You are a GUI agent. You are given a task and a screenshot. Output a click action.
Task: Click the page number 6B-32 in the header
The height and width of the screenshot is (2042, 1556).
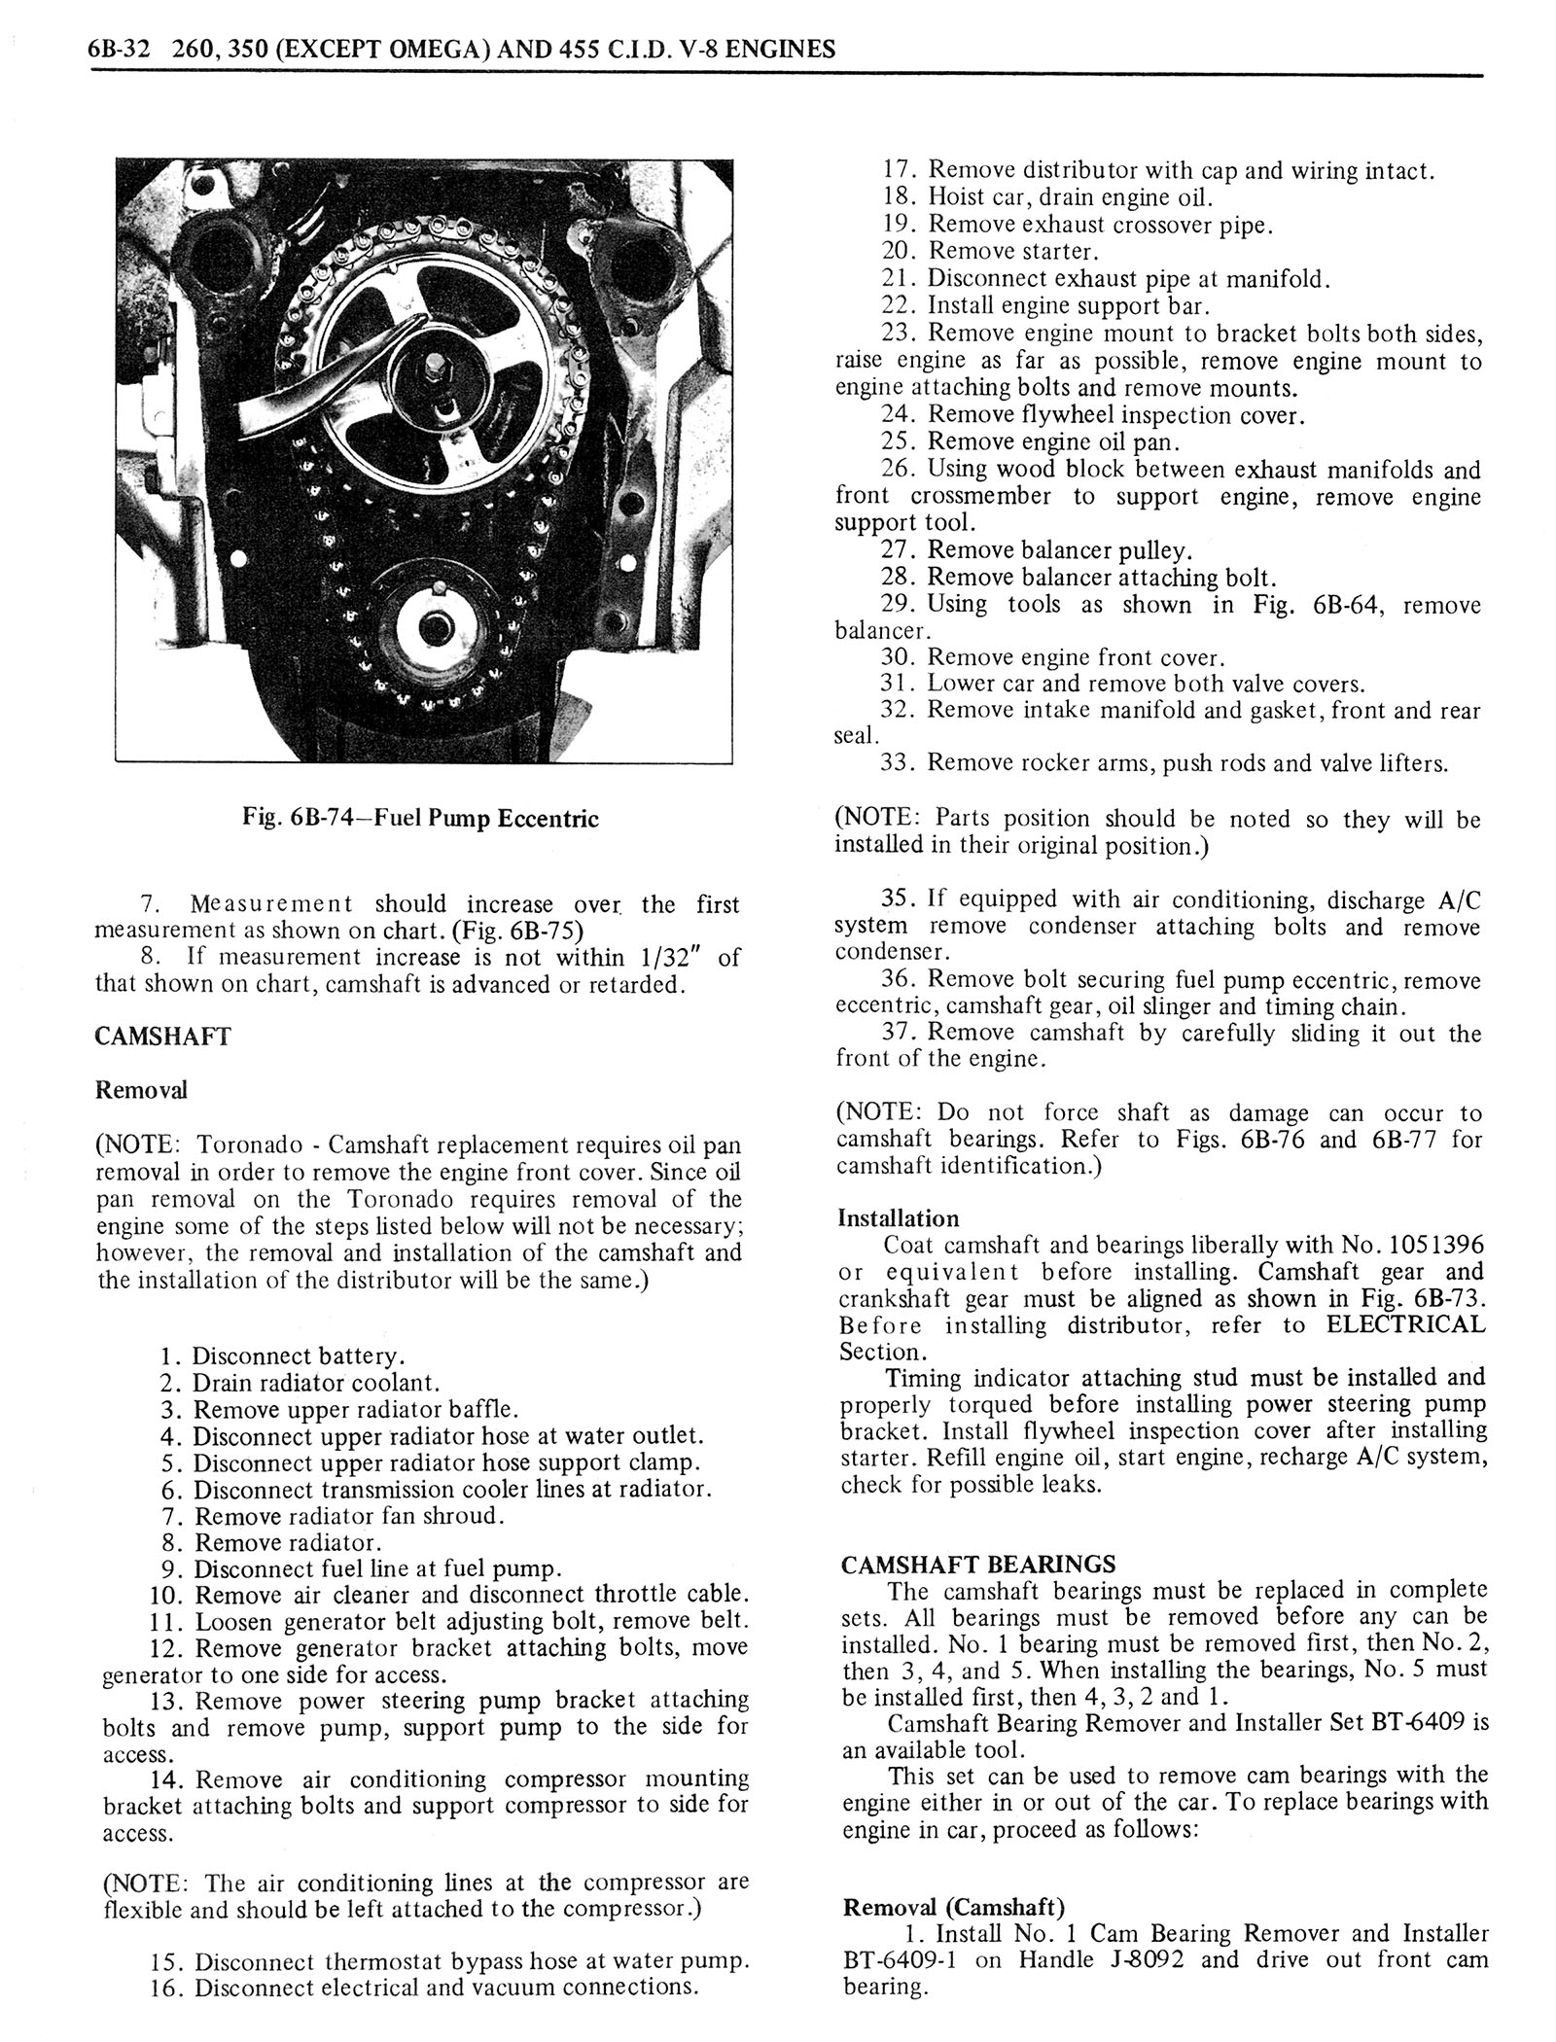pyautogui.click(x=119, y=49)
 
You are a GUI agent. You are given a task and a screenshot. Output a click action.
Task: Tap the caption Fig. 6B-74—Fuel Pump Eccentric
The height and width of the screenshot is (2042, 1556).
pyautogui.click(x=420, y=818)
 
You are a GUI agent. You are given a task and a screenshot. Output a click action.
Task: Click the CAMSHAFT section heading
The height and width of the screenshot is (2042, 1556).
pyautogui.click(x=162, y=1036)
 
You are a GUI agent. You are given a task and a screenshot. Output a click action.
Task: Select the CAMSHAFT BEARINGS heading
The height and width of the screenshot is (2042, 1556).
pyautogui.click(x=977, y=1565)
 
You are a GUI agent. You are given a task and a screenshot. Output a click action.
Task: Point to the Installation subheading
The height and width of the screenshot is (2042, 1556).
pyautogui.click(x=898, y=1218)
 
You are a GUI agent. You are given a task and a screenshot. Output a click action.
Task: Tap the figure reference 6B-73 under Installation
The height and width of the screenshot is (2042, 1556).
pyautogui.click(x=1445, y=1298)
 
